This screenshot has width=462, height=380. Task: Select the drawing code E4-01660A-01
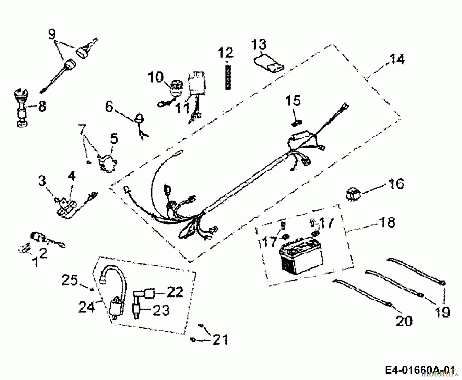tap(420, 370)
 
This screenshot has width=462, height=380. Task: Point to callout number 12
tap(226, 53)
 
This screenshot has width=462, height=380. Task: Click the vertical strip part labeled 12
tap(228, 77)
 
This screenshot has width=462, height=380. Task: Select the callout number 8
tap(42, 106)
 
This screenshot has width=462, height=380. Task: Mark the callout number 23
tap(161, 310)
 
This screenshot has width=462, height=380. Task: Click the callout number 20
tap(404, 321)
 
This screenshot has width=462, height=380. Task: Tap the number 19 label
tap(442, 312)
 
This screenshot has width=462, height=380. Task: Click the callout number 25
tap(69, 280)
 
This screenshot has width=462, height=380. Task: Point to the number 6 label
tap(109, 107)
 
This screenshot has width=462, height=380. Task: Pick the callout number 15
tap(293, 100)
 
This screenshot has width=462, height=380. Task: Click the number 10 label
tap(156, 77)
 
